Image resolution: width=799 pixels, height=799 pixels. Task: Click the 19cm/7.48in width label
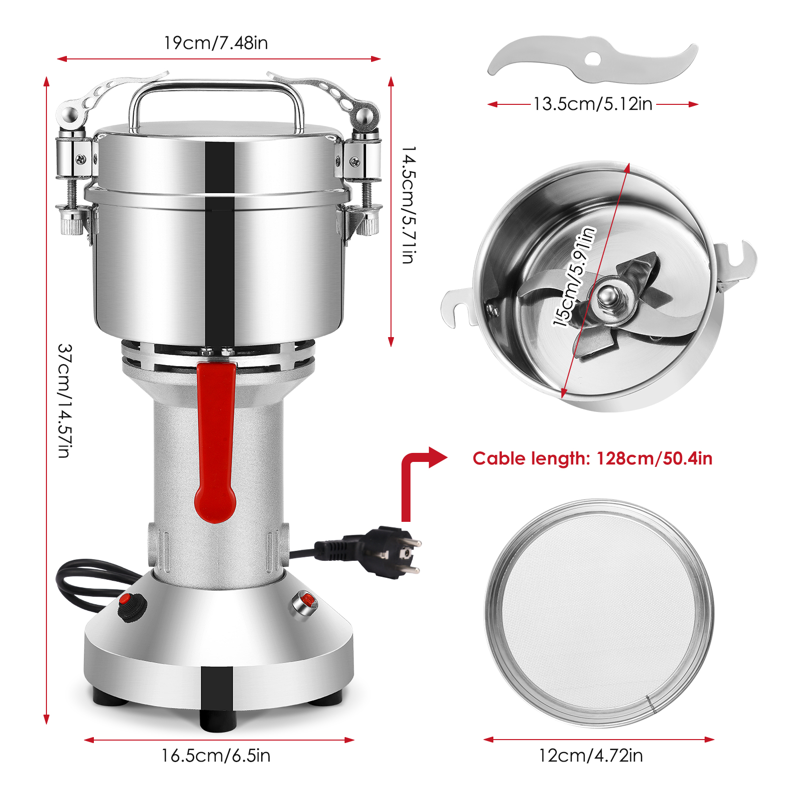point(216,43)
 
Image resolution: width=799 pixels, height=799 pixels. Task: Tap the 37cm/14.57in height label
point(65,400)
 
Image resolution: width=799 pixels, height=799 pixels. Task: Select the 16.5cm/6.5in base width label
point(216,756)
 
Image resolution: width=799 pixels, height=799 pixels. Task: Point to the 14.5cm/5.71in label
point(409,205)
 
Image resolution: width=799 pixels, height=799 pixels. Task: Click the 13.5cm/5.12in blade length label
point(593,104)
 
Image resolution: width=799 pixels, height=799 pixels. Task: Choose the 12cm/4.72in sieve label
point(591,756)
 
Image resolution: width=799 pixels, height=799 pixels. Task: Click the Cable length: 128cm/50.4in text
point(592,458)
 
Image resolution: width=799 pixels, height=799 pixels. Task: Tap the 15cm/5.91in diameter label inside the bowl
point(574,277)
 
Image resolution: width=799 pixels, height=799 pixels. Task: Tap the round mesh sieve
point(599,613)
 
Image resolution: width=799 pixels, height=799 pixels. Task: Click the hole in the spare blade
point(593,59)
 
